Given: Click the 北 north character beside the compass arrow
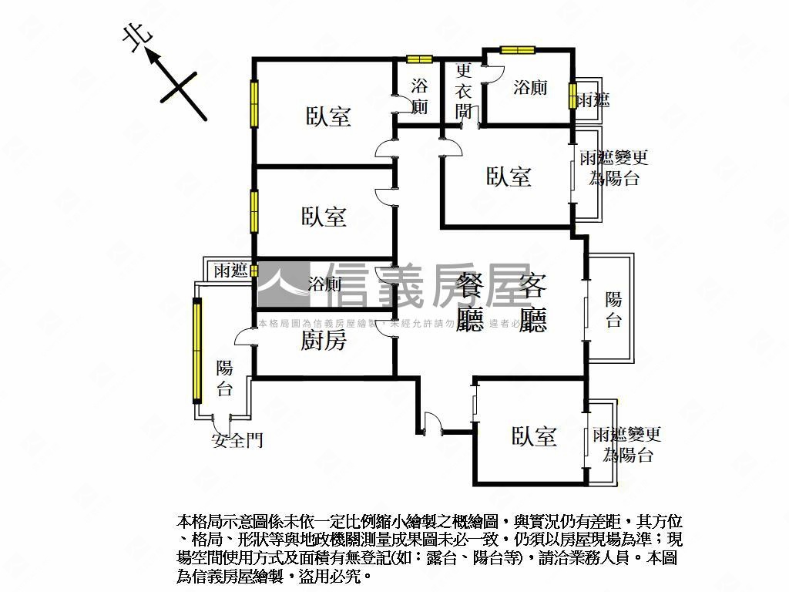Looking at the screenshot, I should click(x=136, y=39).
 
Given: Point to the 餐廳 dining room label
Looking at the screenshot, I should click(x=469, y=302).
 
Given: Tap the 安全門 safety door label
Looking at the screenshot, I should click(x=237, y=440).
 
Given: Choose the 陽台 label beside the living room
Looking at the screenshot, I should click(x=613, y=309).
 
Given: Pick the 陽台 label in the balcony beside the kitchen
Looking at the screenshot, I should click(x=224, y=378).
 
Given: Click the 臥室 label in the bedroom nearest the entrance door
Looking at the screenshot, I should click(x=534, y=437).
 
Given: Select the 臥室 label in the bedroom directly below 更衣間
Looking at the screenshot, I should click(x=509, y=177).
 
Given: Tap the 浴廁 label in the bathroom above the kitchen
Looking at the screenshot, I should click(x=324, y=284).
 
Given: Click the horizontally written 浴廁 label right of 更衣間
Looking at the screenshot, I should click(x=530, y=87).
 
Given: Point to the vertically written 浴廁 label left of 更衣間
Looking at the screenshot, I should click(x=419, y=96).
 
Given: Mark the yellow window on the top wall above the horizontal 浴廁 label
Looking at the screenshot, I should click(x=517, y=50).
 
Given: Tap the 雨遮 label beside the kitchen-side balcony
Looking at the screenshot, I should click(x=230, y=270).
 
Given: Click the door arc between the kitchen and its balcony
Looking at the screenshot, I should click(x=246, y=337).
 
